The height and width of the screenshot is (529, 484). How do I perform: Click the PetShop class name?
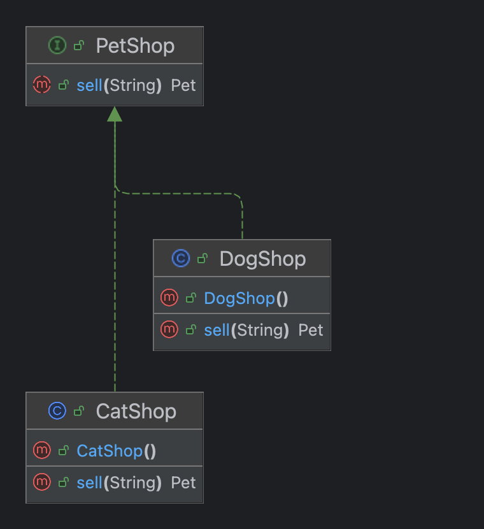tap(135, 46)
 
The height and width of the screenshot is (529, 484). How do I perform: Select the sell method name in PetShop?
tap(90, 85)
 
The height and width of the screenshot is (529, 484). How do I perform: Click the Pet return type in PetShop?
tap(183, 85)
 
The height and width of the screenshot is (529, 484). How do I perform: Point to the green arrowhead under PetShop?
tap(115, 114)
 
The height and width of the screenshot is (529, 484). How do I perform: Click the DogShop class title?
tap(262, 259)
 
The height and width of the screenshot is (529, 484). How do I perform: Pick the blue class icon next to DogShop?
tap(181, 259)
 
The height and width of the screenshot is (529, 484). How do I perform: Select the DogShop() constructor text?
tap(246, 298)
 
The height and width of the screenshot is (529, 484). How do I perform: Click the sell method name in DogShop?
tap(217, 330)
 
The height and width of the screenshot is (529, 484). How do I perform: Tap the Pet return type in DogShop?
tap(311, 330)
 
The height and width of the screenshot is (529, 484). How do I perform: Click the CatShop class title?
tap(136, 411)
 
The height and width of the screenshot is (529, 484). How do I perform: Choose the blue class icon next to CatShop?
tap(57, 411)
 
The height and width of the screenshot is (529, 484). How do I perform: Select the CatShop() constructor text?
tap(116, 451)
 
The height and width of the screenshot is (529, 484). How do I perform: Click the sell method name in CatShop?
tap(90, 483)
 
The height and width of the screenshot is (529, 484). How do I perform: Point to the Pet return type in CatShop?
tap(183, 483)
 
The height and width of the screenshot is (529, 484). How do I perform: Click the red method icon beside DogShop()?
tap(169, 298)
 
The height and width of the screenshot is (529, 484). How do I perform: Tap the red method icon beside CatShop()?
tap(41, 450)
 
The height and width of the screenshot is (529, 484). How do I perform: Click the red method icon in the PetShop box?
tap(41, 85)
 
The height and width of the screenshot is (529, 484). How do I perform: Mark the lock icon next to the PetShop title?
tap(79, 46)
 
